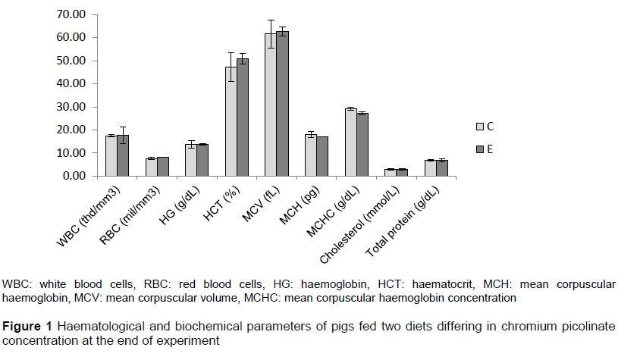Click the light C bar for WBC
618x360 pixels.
111,155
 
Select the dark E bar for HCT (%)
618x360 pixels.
243,117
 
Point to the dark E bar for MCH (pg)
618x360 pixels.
322,156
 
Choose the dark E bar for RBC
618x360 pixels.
163,166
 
